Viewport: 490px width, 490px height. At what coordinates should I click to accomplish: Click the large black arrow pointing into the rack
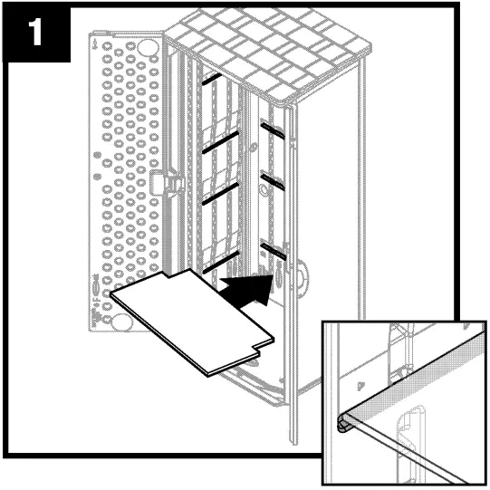pyautogui.click(x=246, y=289)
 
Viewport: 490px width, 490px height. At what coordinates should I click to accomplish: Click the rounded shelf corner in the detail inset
pyautogui.click(x=345, y=418)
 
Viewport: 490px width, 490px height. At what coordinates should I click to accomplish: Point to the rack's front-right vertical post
pyautogui.click(x=292, y=272)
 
